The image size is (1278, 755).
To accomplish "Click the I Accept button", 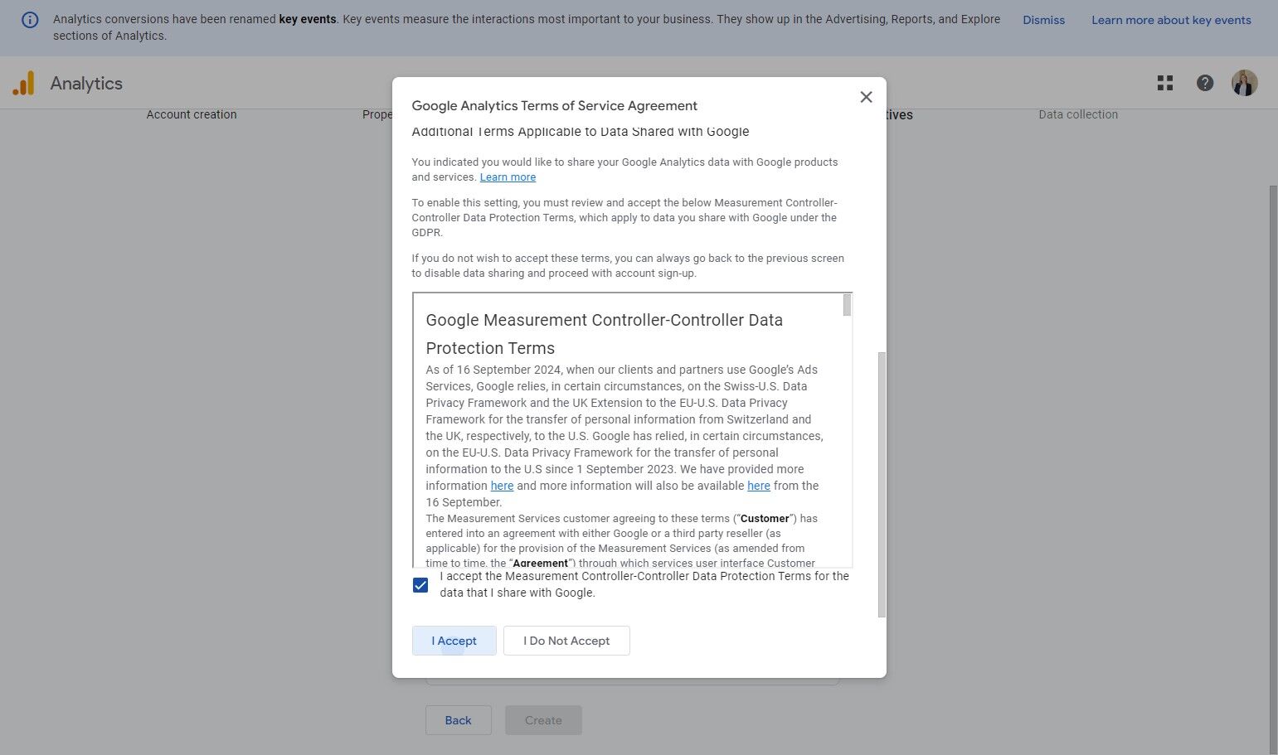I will [x=454, y=641].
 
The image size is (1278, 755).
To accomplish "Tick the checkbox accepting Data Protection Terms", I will [x=420, y=585].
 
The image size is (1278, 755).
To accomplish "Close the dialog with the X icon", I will [x=866, y=97].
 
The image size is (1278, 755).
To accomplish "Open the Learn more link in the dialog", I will [x=508, y=177].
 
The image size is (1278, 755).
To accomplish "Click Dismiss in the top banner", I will [x=1043, y=20].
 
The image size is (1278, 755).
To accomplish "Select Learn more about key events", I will [x=1171, y=20].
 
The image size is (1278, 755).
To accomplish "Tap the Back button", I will [x=458, y=720].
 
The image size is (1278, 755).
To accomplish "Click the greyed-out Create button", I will [x=543, y=720].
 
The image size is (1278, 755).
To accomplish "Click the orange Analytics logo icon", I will [x=23, y=83].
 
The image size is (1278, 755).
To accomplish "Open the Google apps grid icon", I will [x=1165, y=83].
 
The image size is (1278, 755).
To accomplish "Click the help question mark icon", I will [x=1205, y=83].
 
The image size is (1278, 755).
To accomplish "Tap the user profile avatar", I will [x=1244, y=83].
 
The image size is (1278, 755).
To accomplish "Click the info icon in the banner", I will [x=30, y=20].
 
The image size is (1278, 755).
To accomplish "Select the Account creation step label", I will [x=192, y=114].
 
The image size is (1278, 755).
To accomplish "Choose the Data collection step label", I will [x=1078, y=114].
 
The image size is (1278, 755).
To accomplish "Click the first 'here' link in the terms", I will [x=502, y=486].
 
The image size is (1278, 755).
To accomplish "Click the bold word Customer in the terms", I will [x=765, y=519].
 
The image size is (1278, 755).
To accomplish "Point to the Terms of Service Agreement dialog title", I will [x=554, y=105].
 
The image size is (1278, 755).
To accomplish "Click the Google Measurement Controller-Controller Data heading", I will [x=604, y=320].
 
